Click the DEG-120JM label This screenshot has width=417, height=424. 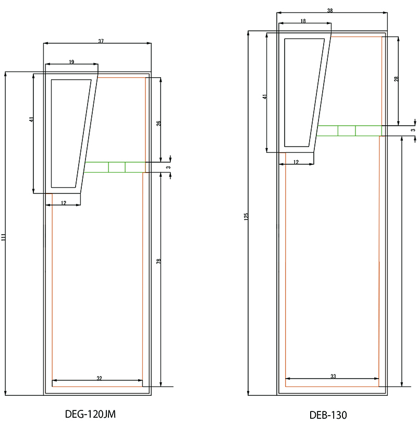(x=90, y=414)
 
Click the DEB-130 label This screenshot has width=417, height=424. (x=328, y=415)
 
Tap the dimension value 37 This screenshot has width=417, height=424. (x=101, y=41)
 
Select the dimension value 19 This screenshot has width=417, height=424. (x=71, y=62)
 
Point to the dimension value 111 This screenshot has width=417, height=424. (x=3, y=237)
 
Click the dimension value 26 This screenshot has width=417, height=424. (x=158, y=123)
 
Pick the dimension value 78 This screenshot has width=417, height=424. (x=158, y=261)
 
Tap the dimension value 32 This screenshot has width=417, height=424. (x=99, y=378)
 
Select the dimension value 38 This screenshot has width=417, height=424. (x=330, y=10)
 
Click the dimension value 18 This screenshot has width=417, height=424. (x=303, y=21)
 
